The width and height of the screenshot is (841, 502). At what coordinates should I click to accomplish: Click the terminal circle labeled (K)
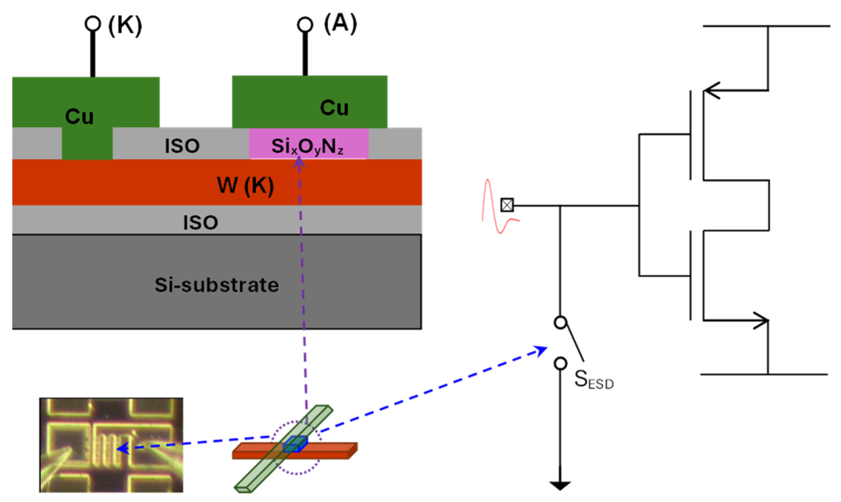[93, 24]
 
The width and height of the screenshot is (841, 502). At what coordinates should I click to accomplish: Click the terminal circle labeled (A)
[305, 24]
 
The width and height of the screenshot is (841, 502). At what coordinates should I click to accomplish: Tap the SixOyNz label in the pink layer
[307, 147]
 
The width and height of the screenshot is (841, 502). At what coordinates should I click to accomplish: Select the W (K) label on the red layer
[245, 185]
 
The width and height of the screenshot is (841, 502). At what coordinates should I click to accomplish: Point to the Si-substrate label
[217, 285]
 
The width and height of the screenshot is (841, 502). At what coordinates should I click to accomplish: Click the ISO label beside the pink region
[182, 146]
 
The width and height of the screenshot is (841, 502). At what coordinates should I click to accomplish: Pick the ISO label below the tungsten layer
[201, 222]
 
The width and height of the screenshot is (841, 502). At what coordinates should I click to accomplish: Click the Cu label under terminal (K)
[79, 117]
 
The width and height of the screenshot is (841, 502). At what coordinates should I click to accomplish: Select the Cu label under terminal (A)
[334, 108]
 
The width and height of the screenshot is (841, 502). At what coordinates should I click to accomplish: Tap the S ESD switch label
[594, 379]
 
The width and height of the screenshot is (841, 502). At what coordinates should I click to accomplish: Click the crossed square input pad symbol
[507, 205]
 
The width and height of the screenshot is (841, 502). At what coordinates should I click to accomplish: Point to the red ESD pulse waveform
[500, 206]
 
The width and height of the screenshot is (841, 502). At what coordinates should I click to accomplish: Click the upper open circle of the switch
[560, 322]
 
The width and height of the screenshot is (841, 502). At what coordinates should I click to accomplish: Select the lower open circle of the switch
[560, 363]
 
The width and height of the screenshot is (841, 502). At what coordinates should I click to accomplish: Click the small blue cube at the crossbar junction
[295, 444]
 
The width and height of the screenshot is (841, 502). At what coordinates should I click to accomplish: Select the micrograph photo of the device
[111, 445]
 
